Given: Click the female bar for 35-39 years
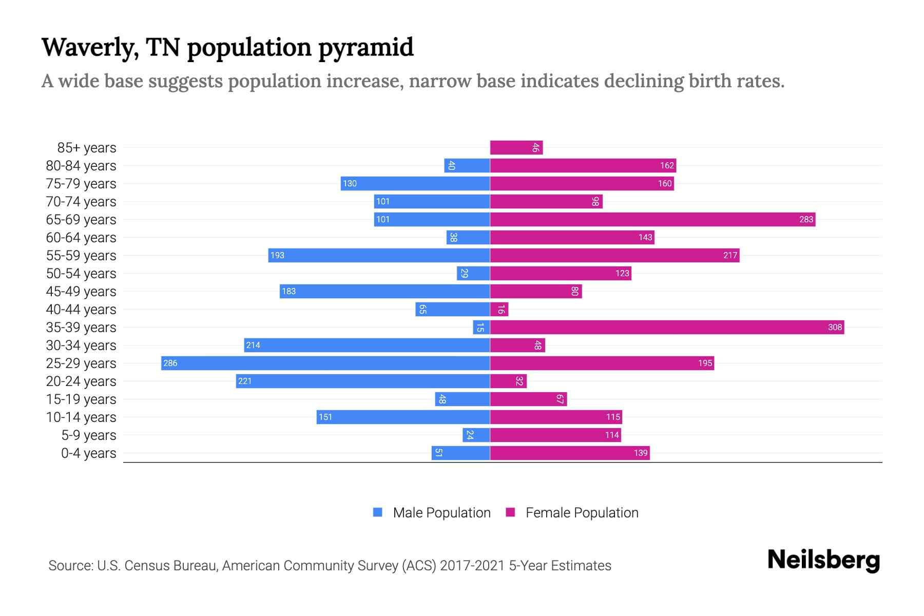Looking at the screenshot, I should (x=667, y=327).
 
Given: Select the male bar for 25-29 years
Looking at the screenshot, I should (x=325, y=363).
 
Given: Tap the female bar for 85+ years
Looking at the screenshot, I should (x=516, y=147).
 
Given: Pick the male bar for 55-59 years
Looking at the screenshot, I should (x=379, y=255).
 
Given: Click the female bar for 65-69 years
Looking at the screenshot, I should (x=652, y=219).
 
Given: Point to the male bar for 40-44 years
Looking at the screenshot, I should (x=453, y=309).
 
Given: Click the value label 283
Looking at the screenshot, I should (x=806, y=219).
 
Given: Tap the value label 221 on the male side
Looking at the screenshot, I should (x=245, y=381).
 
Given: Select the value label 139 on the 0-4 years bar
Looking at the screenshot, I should (x=640, y=453).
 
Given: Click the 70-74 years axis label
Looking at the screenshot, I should (x=81, y=201).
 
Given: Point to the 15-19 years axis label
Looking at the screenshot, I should (x=81, y=399).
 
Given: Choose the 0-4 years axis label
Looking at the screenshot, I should (x=88, y=453).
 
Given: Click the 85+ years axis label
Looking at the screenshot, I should (x=87, y=147).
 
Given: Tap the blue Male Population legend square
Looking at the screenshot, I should (x=378, y=512).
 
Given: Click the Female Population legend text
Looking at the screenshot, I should (x=582, y=512).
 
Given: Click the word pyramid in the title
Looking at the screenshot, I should (x=365, y=48).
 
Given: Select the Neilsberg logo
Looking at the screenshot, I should (x=823, y=560).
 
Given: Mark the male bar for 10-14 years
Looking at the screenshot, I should (x=403, y=417).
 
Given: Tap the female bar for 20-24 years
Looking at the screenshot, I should (x=508, y=381).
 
